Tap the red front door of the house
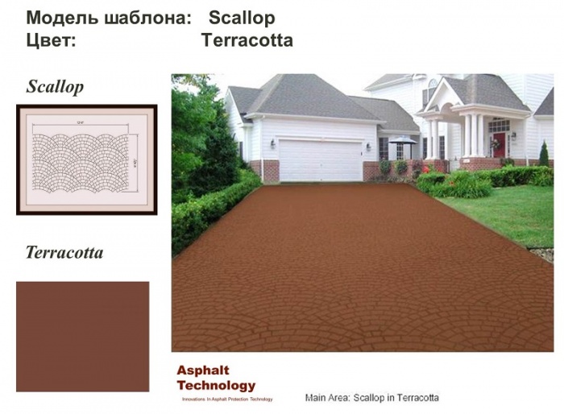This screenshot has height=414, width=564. coord(500,144)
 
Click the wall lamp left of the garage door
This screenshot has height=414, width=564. coord(274,143)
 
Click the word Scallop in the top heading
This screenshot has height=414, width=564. coord(242,18)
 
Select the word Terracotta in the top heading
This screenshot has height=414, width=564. coord(247,39)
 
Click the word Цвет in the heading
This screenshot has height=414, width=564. coord(51,39)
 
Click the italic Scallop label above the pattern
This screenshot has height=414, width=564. coord(55,86)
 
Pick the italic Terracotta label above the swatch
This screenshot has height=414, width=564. coord(64,253)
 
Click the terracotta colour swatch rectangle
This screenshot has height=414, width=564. coord(82,336)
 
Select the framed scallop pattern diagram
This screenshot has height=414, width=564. coord(86,159)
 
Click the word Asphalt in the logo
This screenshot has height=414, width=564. coord(203,371)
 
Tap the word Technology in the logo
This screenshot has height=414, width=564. coord(216,386)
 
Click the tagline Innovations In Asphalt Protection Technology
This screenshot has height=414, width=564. coord(226,400)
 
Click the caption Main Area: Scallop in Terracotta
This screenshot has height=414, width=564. coord(371,398)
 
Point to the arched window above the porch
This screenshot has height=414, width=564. coord(433,89)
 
